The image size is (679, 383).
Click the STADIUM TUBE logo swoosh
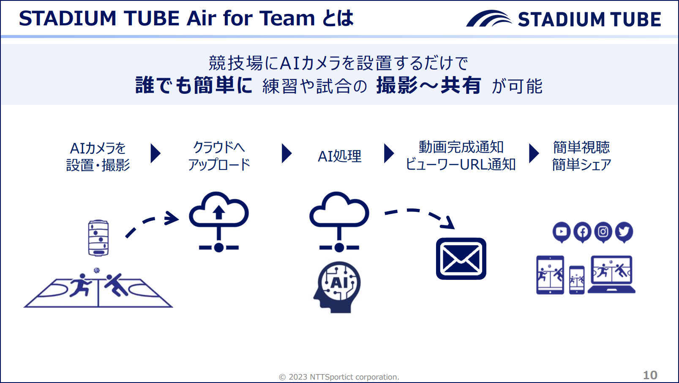tap(488, 19)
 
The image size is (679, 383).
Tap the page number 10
tap(650, 375)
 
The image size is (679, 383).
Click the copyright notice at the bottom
tap(339, 377)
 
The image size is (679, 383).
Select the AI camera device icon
tap(98, 238)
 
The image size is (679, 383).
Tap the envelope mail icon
tap(461, 259)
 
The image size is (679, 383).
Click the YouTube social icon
tap(561, 232)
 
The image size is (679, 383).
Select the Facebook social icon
tap(582, 232)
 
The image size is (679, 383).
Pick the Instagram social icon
tap(603, 232)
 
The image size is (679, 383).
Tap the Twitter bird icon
tap(624, 232)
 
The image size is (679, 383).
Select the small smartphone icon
tap(577, 279)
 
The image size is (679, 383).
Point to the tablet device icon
tap(550, 275)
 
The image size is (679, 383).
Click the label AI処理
tap(340, 156)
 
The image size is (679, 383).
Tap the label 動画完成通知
tap(461, 147)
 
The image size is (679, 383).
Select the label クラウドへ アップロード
tap(219, 156)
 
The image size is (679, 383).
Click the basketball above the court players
tap(97, 270)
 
